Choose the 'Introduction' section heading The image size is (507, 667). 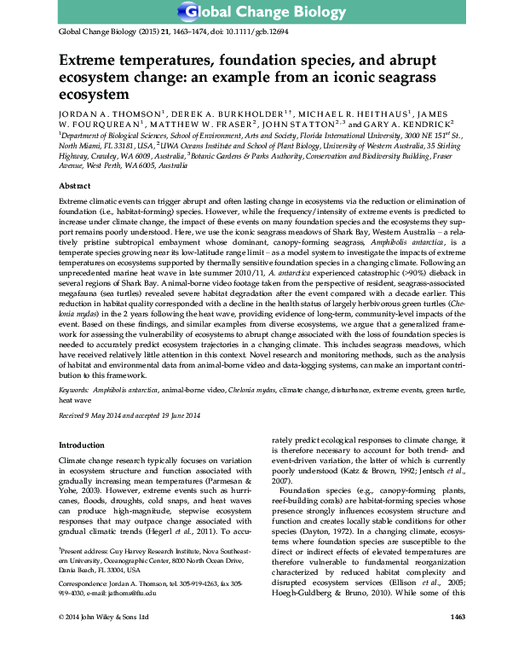[x=84, y=445]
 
